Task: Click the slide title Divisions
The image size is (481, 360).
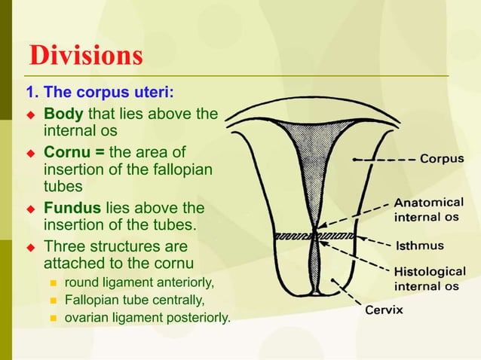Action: tap(84, 56)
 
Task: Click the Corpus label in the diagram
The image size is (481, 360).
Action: tap(441, 160)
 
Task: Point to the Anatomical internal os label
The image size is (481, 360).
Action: tap(430, 209)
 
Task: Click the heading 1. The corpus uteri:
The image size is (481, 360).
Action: tap(100, 94)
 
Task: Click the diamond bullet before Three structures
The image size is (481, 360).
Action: tap(32, 247)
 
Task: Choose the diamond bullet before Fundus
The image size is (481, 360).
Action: tap(32, 209)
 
